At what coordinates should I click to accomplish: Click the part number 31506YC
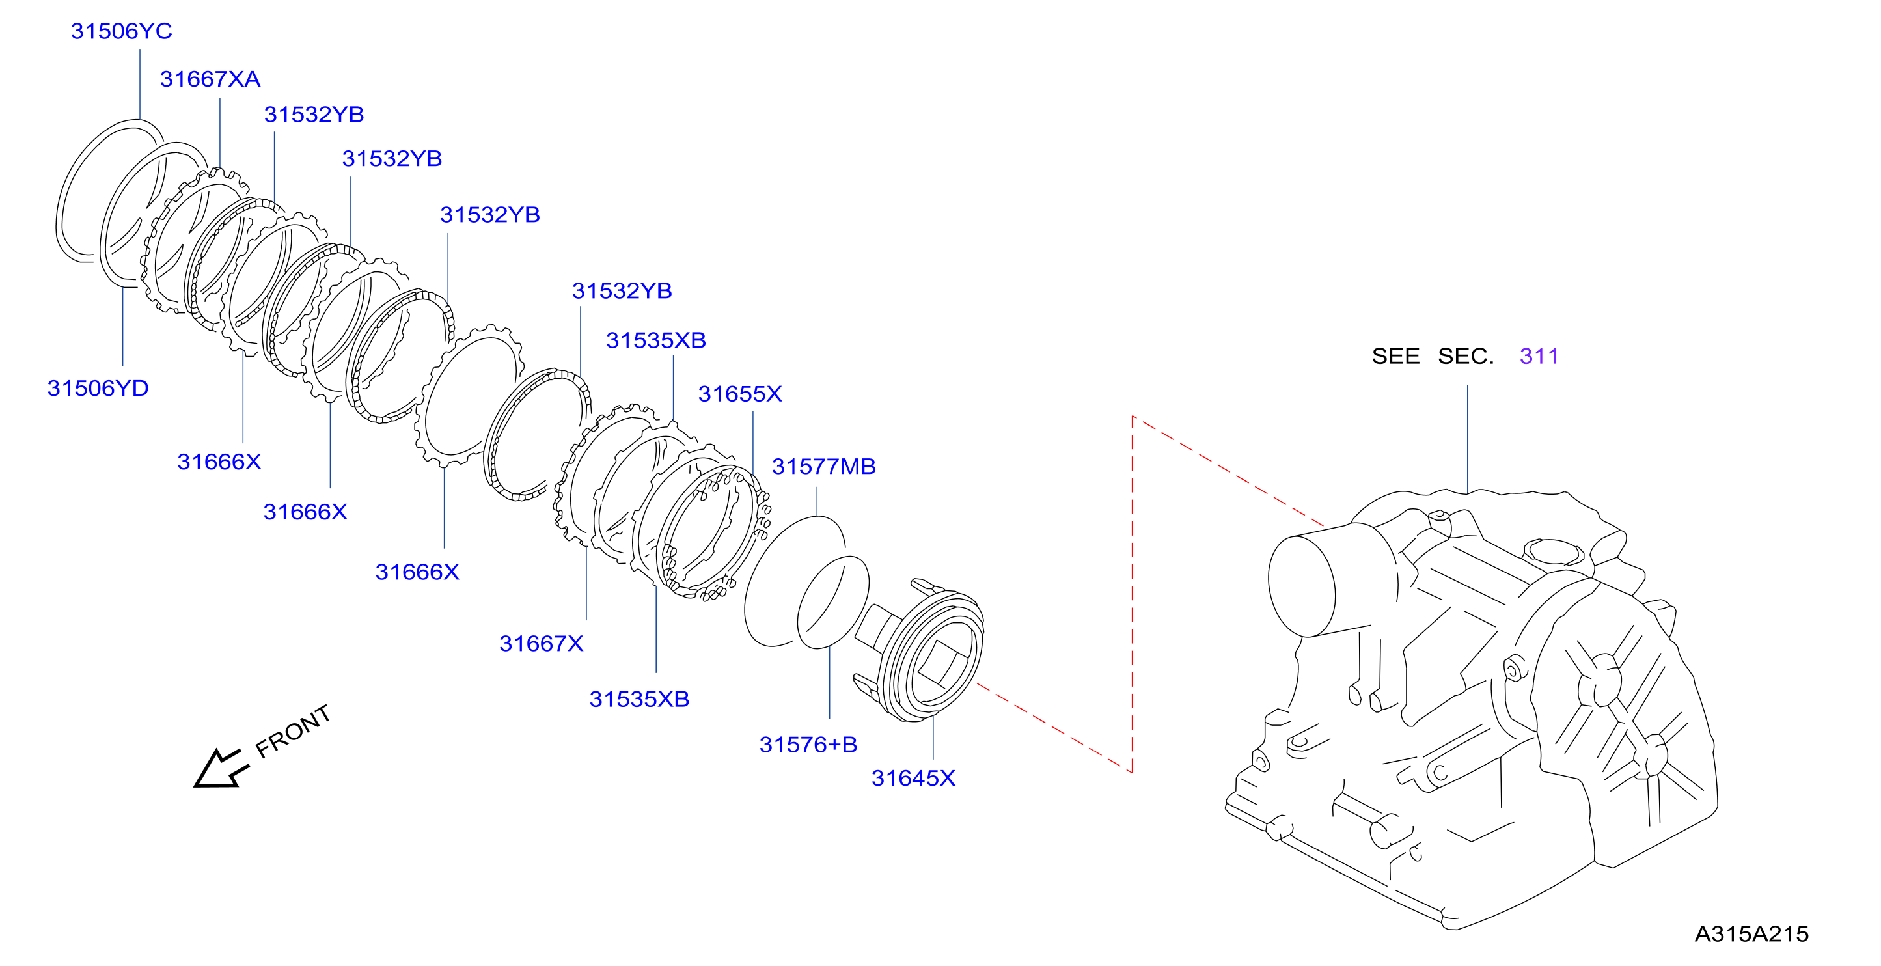[x=121, y=31]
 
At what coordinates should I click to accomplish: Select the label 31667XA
[x=210, y=79]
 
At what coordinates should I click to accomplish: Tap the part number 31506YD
[x=98, y=388]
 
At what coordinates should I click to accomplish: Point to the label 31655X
[x=739, y=394]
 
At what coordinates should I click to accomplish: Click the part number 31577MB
[x=823, y=466]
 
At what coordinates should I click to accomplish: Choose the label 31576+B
[x=808, y=744]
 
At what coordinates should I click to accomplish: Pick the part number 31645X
[x=913, y=778]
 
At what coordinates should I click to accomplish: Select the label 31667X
[x=541, y=643]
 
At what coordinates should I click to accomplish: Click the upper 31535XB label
[x=655, y=340]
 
